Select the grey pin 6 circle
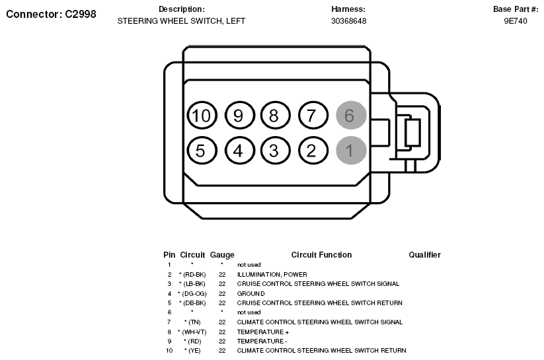(x=351, y=116)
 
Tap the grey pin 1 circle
(x=351, y=150)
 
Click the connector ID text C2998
(x=81, y=14)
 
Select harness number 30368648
(x=348, y=21)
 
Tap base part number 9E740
(x=516, y=21)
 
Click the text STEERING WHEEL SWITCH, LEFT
(x=181, y=21)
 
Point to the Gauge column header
(x=222, y=255)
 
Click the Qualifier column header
(x=424, y=255)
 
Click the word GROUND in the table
(x=251, y=293)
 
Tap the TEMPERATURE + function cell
(x=263, y=332)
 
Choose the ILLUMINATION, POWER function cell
(x=272, y=274)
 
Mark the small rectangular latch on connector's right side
(x=413, y=133)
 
